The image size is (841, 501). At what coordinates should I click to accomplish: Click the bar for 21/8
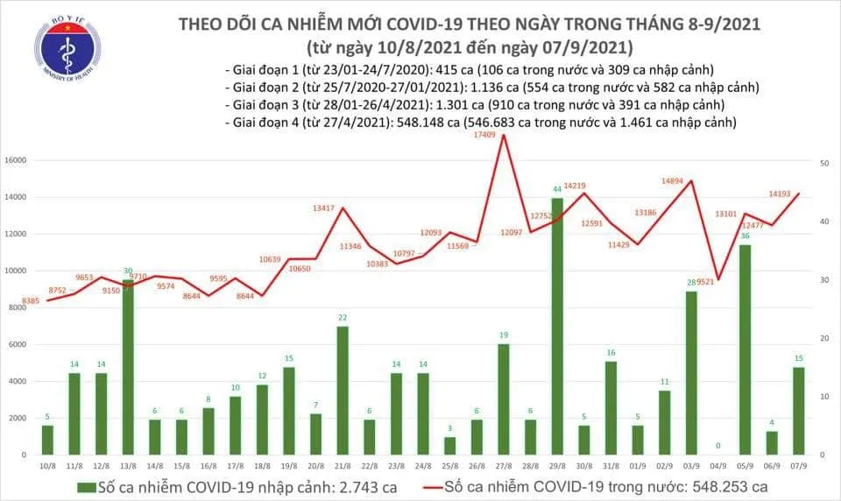[343, 391]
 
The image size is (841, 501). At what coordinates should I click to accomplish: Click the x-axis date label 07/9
[799, 465]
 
